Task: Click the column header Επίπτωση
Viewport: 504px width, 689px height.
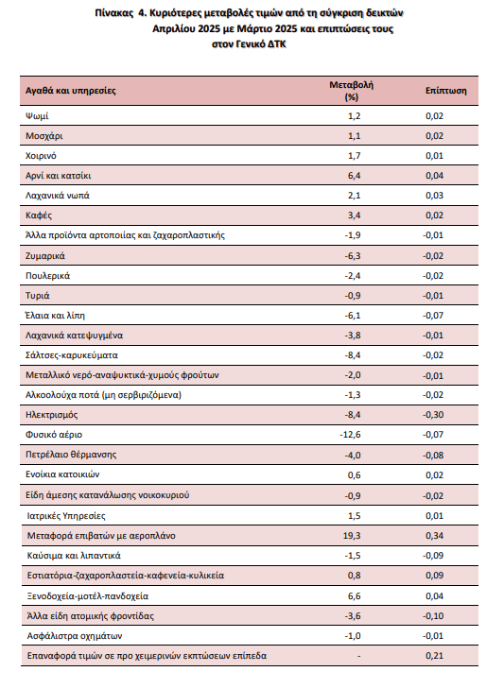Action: (445, 91)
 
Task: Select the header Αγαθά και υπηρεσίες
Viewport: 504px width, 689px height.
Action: (70, 91)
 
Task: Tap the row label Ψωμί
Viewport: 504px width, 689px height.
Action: (37, 116)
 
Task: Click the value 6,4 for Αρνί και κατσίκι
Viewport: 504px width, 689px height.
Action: (354, 176)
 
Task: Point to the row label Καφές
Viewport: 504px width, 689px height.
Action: (39, 215)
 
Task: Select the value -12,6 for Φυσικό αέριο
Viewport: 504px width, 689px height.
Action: (350, 435)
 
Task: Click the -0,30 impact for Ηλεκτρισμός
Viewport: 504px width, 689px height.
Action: (433, 415)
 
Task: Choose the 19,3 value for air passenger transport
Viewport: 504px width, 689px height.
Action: (352, 536)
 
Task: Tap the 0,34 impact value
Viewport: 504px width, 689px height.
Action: (435, 536)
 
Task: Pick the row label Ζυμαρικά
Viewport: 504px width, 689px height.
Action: (45, 256)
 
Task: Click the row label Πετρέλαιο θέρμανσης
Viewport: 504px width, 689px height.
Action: (71, 455)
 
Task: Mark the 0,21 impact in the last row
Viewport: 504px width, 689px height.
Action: (435, 656)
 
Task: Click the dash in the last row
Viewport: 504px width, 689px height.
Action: (359, 656)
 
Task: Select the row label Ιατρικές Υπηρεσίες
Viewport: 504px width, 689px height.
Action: (66, 516)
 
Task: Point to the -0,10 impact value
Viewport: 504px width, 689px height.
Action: (433, 616)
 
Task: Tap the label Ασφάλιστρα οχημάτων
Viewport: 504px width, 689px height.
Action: (75, 636)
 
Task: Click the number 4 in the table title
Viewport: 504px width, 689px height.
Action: (141, 12)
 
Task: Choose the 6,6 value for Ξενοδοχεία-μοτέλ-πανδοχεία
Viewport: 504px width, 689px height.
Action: (354, 595)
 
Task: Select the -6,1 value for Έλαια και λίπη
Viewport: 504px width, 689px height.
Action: (353, 316)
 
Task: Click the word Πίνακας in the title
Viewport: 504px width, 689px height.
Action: (113, 12)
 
